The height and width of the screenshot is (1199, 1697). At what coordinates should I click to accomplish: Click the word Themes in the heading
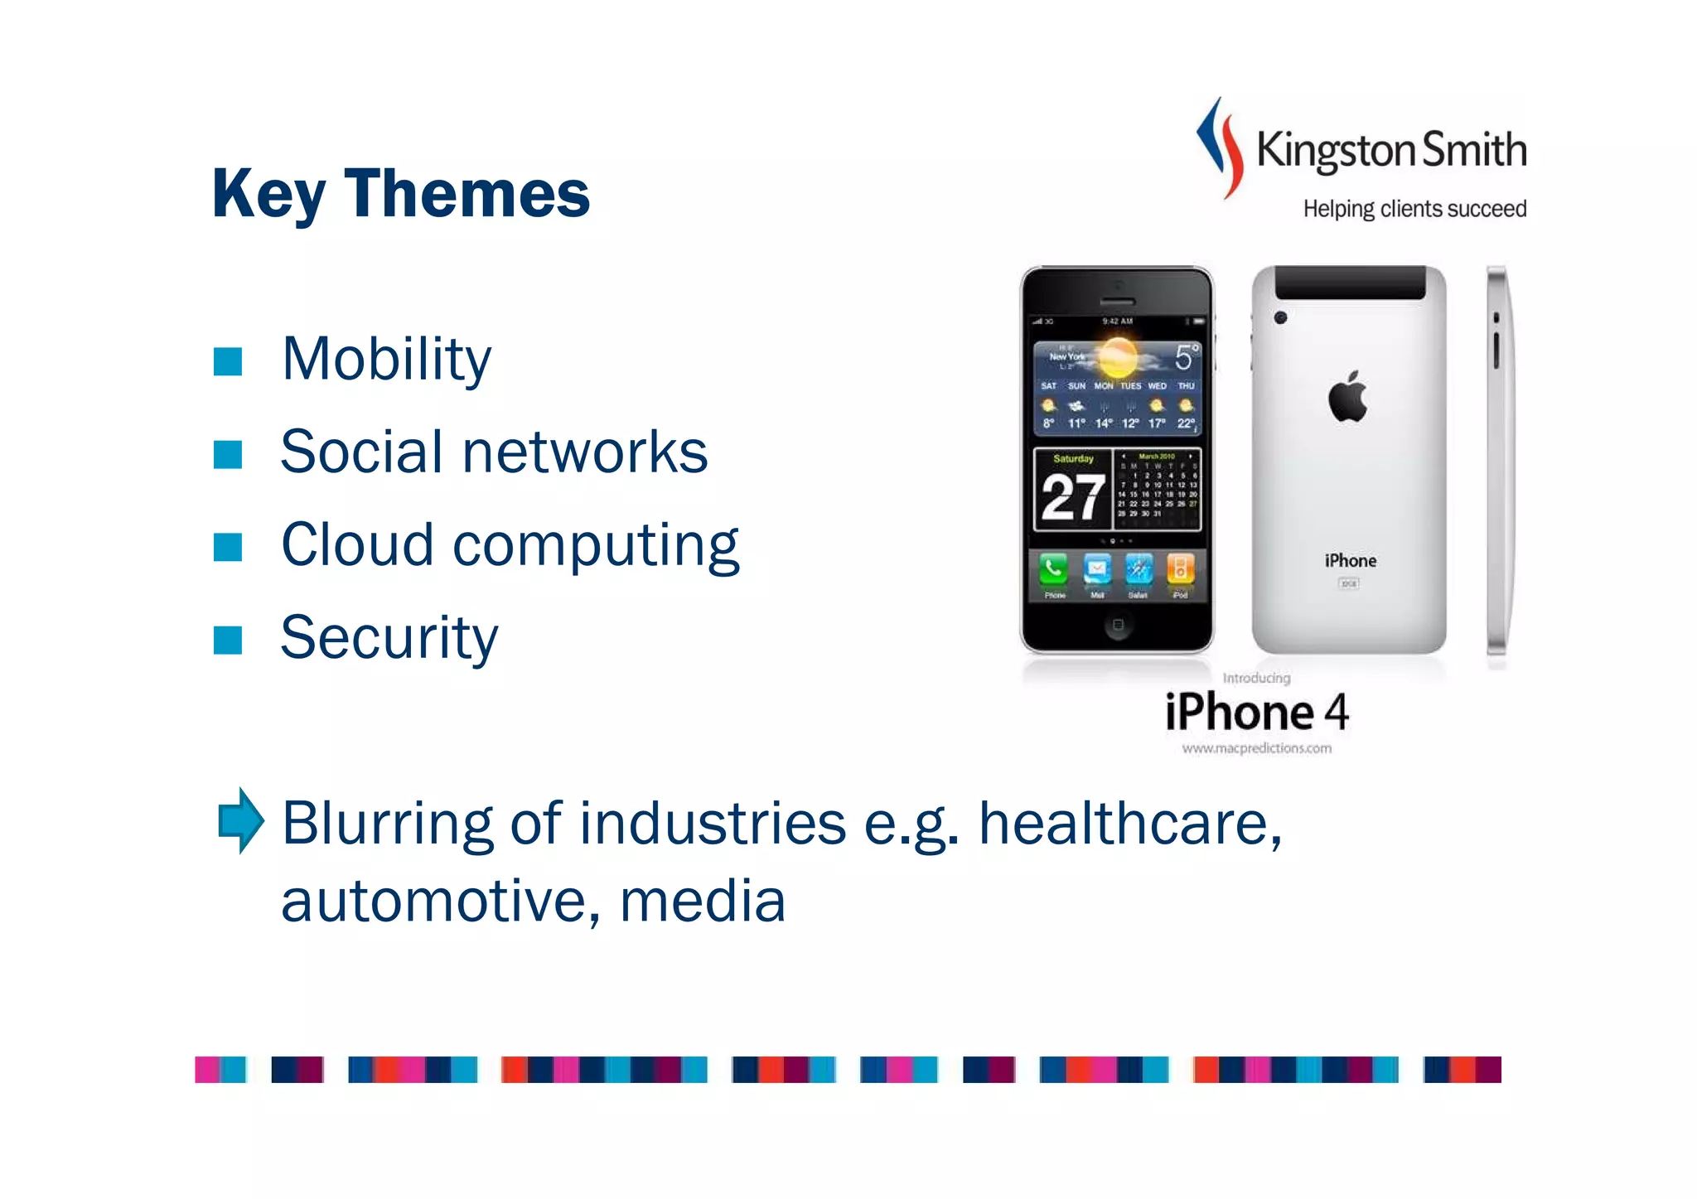467,194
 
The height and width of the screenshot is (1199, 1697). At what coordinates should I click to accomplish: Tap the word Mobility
386,360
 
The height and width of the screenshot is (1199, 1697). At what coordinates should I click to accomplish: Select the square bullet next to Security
227,640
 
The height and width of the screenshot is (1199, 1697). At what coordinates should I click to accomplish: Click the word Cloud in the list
357,545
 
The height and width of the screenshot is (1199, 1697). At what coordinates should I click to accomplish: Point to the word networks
584,452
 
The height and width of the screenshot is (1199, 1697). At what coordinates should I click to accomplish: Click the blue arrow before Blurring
240,820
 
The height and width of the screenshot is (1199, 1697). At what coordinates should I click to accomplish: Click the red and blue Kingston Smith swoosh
1221,147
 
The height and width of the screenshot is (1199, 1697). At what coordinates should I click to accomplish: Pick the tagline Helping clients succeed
1414,209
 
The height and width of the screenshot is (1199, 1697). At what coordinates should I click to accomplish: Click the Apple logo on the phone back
1348,397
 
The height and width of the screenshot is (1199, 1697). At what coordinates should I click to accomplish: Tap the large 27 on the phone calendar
1072,498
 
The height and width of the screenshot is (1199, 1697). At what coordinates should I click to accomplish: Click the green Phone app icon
1053,569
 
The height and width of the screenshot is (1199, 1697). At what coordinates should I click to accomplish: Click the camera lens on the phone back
1280,317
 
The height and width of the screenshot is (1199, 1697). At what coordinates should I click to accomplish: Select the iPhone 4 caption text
1256,712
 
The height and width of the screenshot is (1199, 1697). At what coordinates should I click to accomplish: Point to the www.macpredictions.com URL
1256,748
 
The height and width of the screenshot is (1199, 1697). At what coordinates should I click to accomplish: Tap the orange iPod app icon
1180,569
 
